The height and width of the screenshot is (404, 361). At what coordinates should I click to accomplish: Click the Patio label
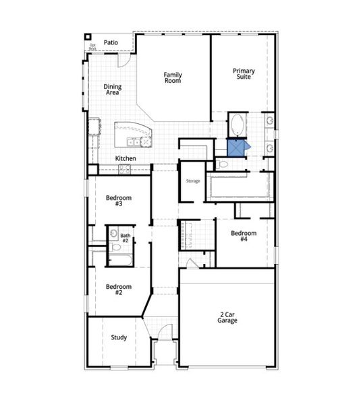click(x=111, y=42)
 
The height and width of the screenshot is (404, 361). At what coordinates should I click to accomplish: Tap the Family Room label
click(x=173, y=77)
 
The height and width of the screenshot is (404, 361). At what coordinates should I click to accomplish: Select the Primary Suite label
click(x=244, y=74)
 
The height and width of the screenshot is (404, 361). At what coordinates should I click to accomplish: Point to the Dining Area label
click(x=112, y=89)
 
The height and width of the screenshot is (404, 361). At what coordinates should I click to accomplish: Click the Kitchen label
click(x=126, y=158)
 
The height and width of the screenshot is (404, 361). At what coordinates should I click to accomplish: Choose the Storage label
click(x=193, y=180)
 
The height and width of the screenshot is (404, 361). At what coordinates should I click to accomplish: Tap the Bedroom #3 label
click(x=118, y=201)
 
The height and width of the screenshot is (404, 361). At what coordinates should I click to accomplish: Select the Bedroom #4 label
click(x=244, y=236)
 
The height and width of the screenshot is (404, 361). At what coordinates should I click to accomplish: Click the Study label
click(x=118, y=337)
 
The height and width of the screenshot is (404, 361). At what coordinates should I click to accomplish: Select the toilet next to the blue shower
click(x=223, y=164)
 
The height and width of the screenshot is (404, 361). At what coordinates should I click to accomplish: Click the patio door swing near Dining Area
click(x=124, y=60)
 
